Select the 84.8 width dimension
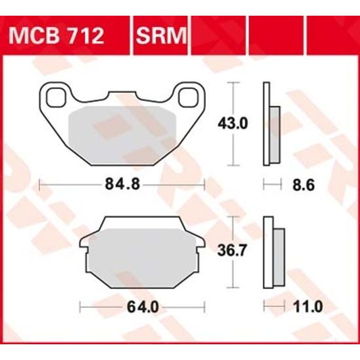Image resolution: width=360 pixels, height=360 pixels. click(122, 185)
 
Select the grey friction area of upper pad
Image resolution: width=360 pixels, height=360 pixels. click(122, 128)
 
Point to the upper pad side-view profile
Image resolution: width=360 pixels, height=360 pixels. click(270, 124)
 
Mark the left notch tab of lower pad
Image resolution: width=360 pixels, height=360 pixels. click(84, 247)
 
